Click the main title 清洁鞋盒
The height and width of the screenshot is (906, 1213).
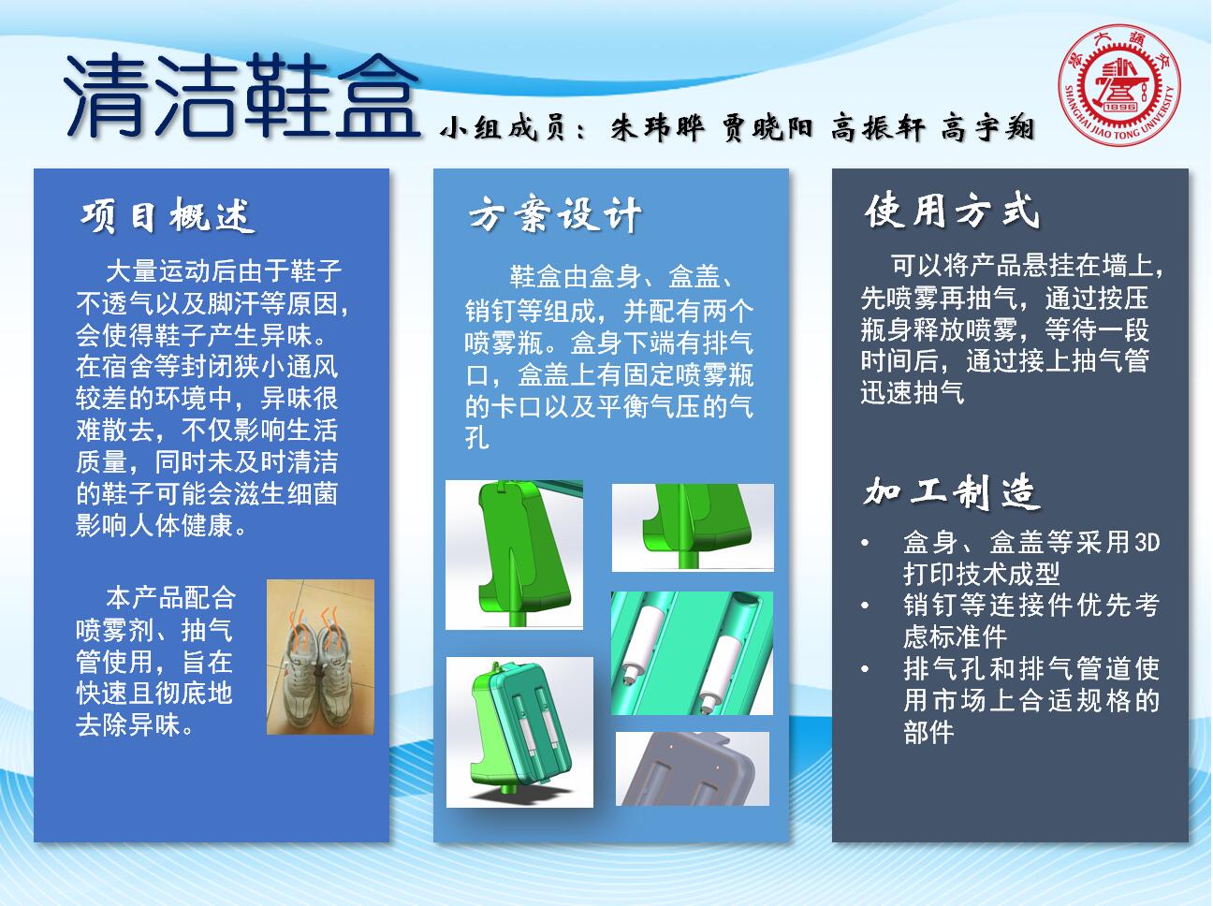[x=241, y=95]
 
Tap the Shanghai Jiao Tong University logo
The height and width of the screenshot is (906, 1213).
[x=1119, y=84]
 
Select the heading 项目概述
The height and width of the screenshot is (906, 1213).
[x=168, y=215]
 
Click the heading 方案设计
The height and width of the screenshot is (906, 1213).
[x=554, y=213]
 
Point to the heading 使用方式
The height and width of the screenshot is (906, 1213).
[x=952, y=211]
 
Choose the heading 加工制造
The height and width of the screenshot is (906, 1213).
[x=952, y=491]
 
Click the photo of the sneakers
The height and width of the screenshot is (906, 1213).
[x=320, y=657]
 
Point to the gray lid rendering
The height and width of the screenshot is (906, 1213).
[x=693, y=768]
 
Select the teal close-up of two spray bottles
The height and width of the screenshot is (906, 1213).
[x=692, y=653]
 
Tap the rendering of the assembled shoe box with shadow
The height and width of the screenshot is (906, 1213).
[x=519, y=732]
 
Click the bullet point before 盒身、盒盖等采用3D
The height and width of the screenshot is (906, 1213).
[x=866, y=543]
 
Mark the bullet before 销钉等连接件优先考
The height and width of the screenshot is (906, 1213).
[x=866, y=606]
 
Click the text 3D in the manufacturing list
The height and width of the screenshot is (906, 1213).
[x=1147, y=543]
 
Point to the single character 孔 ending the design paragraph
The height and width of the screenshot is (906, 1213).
[x=477, y=439]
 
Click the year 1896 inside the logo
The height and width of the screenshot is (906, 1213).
[x=1120, y=107]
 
